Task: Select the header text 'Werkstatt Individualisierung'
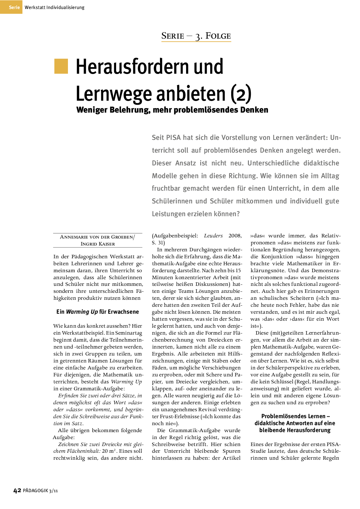pos(54,8)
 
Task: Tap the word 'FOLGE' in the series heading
pos(218,36)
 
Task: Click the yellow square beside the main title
pos(61,66)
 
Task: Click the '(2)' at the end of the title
pos(241,94)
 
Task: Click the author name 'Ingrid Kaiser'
pos(98,244)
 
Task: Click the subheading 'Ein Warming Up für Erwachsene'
pos(98,312)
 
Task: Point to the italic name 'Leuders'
pos(213,236)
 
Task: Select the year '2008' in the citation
pos(235,236)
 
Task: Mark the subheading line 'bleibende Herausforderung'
pos(295,430)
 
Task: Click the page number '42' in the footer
pos(17,490)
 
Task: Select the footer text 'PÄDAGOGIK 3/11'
pos(40,491)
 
